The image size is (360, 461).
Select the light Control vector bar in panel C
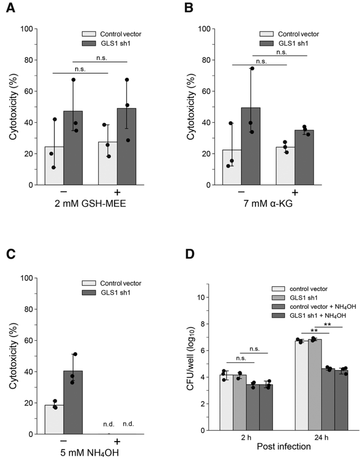[54, 419]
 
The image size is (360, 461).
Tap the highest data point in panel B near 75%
[252, 68]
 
